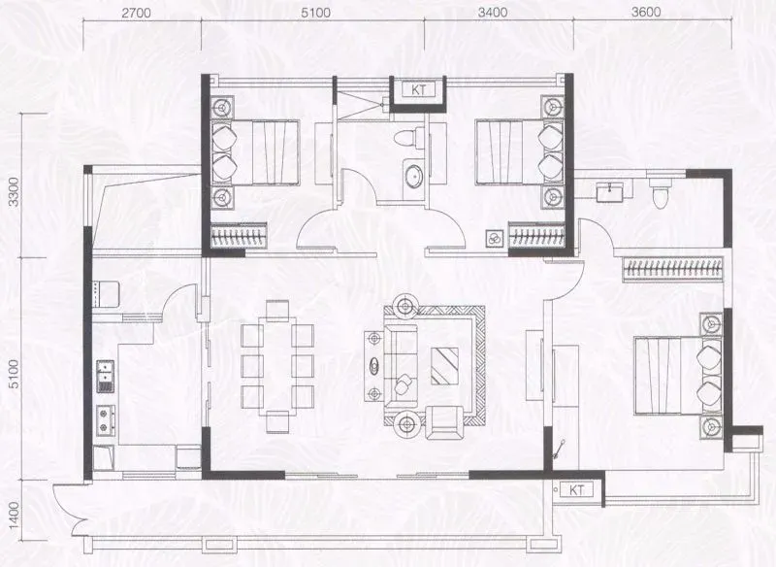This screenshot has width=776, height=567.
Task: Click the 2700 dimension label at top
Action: click(x=136, y=13)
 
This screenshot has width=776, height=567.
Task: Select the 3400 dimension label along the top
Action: click(x=493, y=12)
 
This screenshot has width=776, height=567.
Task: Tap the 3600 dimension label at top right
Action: click(x=646, y=12)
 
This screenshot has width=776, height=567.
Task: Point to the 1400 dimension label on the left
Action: click(x=14, y=515)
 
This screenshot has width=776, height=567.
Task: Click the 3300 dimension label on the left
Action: click(x=15, y=191)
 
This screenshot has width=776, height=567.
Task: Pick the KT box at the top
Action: click(x=419, y=90)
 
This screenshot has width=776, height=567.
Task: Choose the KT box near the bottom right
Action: click(x=576, y=490)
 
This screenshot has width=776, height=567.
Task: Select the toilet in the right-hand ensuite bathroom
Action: click(x=661, y=192)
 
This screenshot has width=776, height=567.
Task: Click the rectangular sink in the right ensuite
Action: click(x=613, y=191)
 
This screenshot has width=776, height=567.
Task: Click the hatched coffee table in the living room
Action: click(x=444, y=366)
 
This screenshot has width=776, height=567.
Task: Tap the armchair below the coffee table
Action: click(x=445, y=422)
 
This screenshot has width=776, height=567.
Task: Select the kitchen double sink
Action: click(x=106, y=377)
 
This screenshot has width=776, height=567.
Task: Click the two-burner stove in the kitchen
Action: click(x=106, y=421)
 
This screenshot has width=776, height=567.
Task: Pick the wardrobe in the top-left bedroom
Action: click(x=239, y=235)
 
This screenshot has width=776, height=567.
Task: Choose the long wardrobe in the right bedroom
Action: click(x=672, y=269)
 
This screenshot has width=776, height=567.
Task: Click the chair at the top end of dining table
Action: click(x=277, y=311)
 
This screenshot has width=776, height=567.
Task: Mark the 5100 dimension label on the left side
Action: click(x=15, y=374)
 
